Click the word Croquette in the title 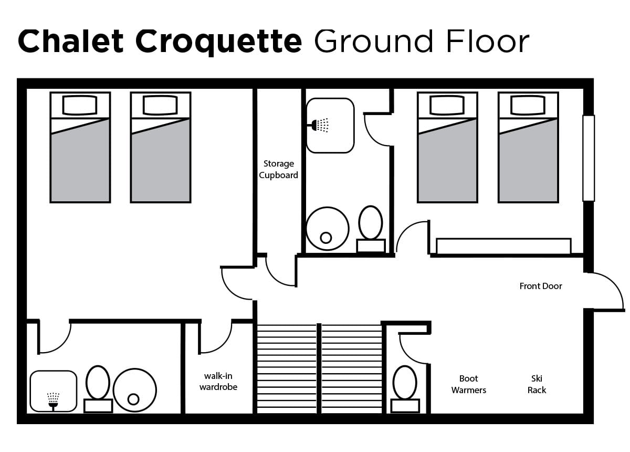click(x=218, y=41)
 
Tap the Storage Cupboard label click(x=279, y=170)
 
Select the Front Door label click(x=541, y=286)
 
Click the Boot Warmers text click(x=469, y=384)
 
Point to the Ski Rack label click(x=537, y=384)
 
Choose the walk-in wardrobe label click(x=218, y=382)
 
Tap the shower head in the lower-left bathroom click(x=52, y=399)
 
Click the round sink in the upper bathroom click(x=327, y=228)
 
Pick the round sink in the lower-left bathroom click(x=134, y=389)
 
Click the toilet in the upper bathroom click(x=371, y=229)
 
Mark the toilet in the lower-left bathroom click(x=98, y=389)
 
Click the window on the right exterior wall click(x=589, y=158)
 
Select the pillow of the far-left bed click(x=80, y=105)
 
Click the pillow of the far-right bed click(x=528, y=105)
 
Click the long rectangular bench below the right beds click(x=503, y=246)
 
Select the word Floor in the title click(x=488, y=41)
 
